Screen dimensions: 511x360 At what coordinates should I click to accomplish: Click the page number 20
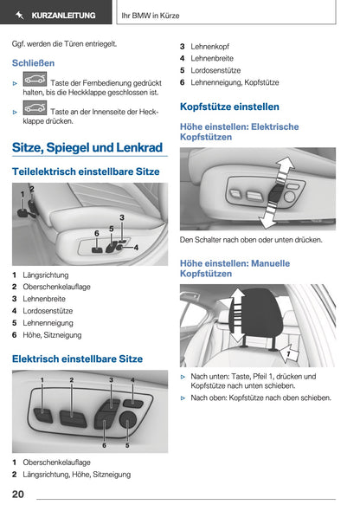tap(18, 495)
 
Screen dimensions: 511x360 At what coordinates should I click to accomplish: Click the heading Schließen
tap(33, 63)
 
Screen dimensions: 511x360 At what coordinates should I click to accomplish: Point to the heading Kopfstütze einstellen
tap(228, 107)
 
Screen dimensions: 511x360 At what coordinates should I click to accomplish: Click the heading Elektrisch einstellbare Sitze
tap(77, 359)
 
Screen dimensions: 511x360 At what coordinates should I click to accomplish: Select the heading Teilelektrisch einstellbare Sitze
tap(86, 171)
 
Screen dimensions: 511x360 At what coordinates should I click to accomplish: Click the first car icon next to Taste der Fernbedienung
tap(35, 79)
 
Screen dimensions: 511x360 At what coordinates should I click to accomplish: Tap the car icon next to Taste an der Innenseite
tap(35, 111)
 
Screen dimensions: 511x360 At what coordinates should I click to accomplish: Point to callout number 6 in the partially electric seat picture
tap(96, 233)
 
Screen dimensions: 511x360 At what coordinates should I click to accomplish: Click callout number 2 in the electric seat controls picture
tap(72, 380)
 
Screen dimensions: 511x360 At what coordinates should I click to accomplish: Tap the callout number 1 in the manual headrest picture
tap(288, 353)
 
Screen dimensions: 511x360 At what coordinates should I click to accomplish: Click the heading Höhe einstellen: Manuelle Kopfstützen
tap(234, 268)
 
